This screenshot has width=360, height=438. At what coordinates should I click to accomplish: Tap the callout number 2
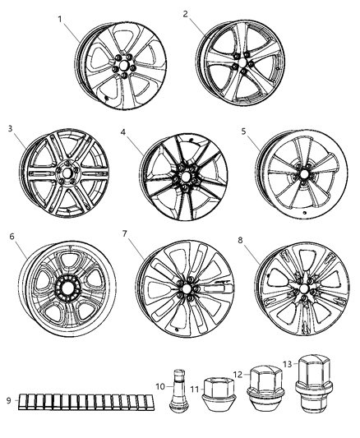coord(186,14)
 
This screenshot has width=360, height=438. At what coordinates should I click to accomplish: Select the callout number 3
coord(11,128)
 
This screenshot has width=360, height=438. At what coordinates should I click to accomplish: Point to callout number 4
coord(122,131)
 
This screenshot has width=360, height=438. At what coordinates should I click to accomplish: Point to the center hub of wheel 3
coord(64,174)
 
